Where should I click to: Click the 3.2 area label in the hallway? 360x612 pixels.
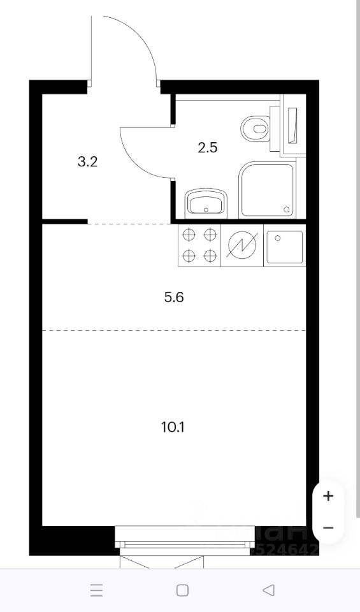87,161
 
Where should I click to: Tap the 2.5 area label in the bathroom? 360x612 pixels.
208,148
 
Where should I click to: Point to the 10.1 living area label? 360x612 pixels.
173,426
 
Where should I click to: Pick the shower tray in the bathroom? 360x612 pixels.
268,189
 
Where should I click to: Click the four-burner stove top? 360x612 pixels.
199,245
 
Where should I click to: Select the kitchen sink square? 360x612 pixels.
284,246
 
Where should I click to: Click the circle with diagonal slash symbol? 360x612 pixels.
242,245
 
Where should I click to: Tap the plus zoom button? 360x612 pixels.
328,495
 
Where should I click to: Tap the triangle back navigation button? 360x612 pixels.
269,590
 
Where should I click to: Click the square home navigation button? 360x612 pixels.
182,590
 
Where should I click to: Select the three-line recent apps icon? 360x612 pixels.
96,590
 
